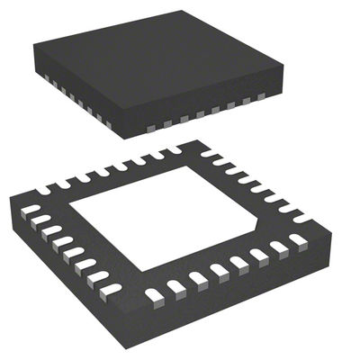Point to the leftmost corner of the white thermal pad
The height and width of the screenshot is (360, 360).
69,209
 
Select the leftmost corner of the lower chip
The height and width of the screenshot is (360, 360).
9,201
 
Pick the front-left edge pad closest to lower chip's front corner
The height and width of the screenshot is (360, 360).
111,290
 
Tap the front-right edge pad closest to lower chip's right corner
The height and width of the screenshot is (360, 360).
298,240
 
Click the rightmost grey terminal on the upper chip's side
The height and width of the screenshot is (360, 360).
261,96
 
